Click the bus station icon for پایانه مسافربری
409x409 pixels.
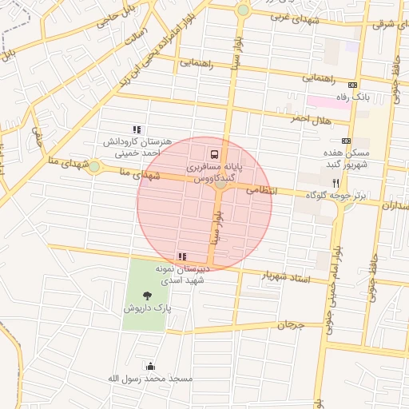[x=214, y=154]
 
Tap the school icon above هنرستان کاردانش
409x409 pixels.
[x=137, y=129]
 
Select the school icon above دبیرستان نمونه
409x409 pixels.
[x=182, y=256]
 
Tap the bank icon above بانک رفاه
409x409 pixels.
[x=353, y=84]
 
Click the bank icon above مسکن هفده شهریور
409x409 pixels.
[x=346, y=141]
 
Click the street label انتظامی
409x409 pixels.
[x=261, y=191]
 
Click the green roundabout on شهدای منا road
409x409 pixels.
[x=94, y=167]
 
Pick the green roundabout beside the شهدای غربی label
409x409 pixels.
[x=243, y=10]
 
